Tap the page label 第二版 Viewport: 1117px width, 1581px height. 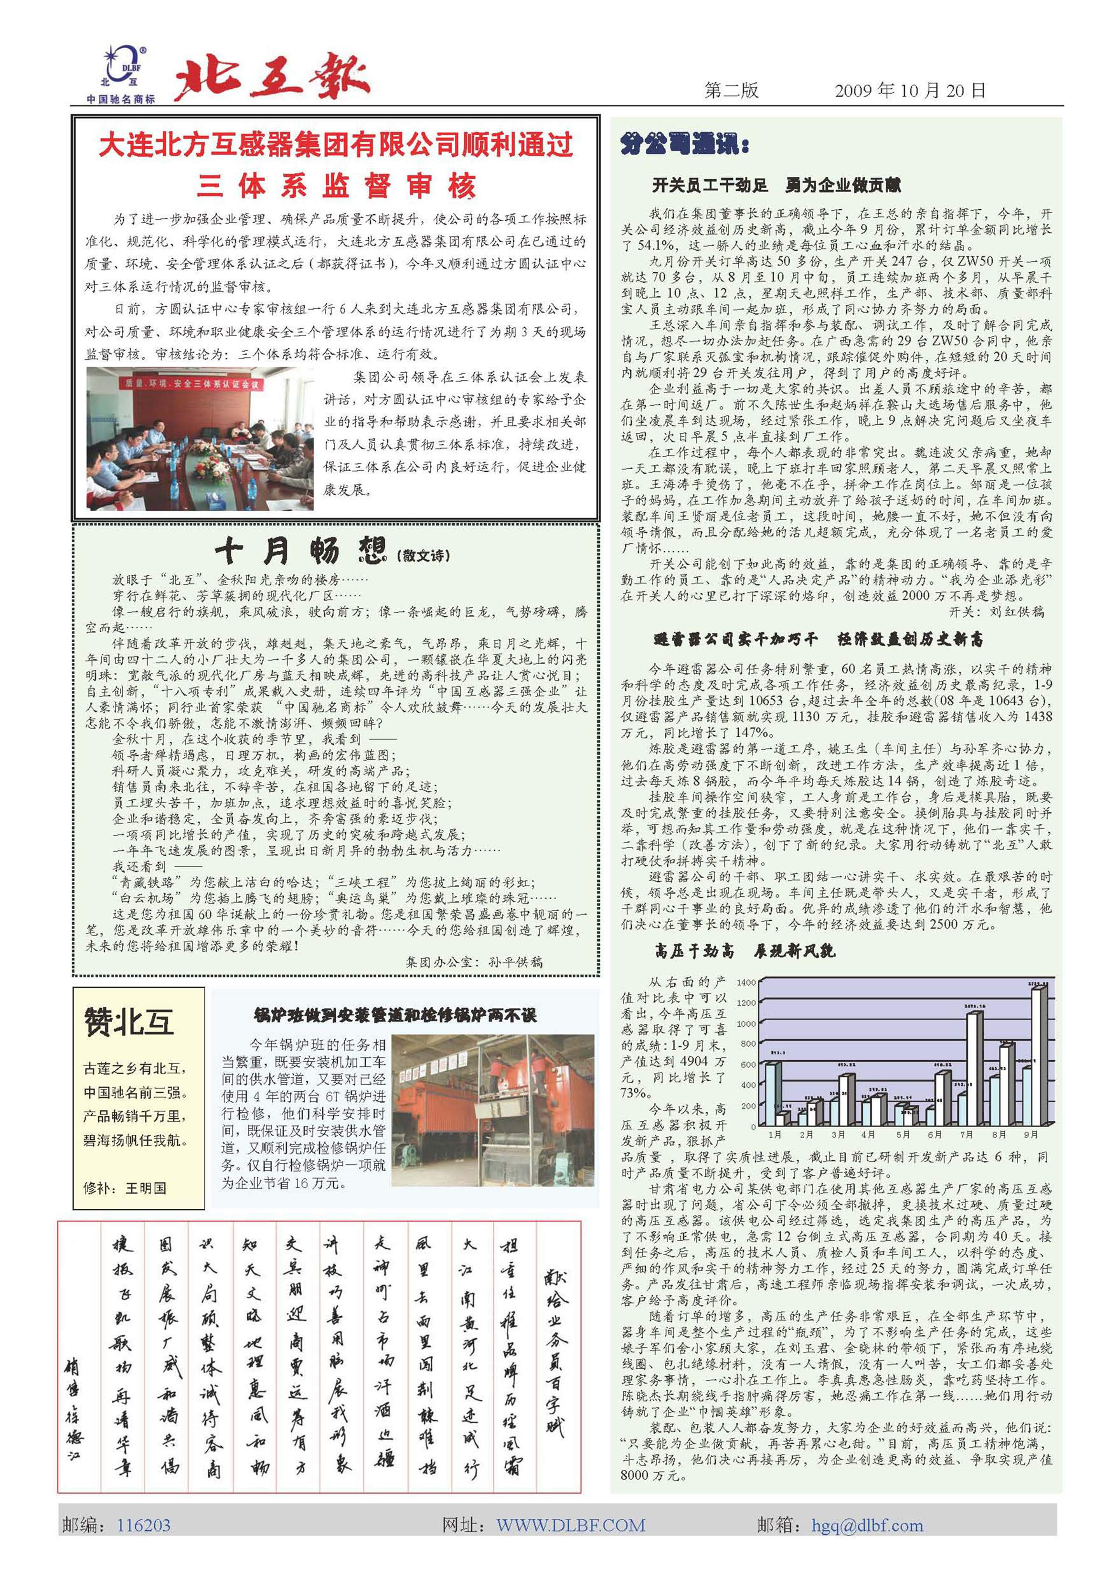click(x=731, y=90)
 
